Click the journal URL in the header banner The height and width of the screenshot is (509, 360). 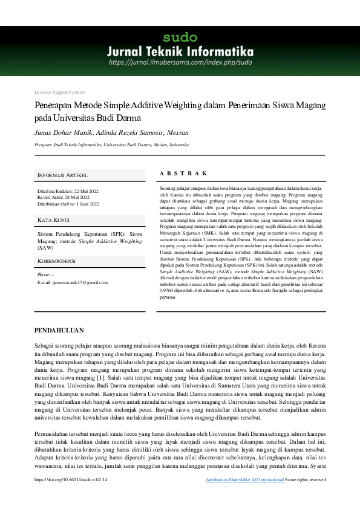click(180, 62)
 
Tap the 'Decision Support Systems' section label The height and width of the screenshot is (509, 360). click(60, 92)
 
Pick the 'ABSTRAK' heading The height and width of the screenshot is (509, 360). click(183, 173)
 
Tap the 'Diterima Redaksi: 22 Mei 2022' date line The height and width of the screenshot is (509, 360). click(68, 191)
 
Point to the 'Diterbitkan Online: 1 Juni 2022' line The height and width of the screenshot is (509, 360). click(68, 204)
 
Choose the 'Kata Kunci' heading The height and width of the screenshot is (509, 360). click(54, 219)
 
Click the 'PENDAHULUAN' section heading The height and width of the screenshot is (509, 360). click(59, 331)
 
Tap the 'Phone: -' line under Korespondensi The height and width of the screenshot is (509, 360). click(45, 275)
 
